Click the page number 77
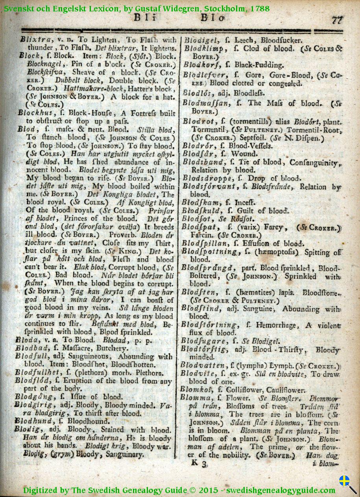point(337,20)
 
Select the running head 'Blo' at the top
point(212,18)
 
